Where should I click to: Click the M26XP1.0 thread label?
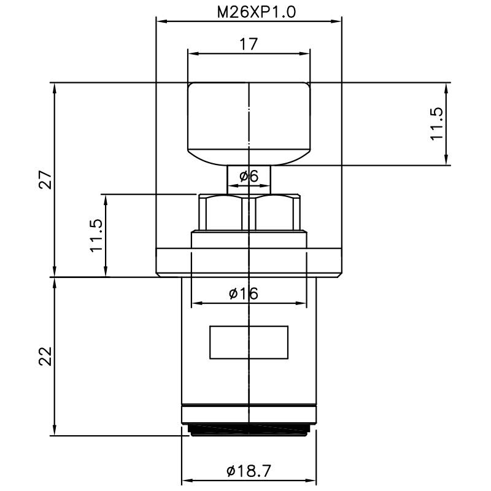point(249,11)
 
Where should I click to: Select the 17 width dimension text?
point(249,44)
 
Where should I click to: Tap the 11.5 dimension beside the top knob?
point(436,123)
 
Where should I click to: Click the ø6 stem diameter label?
point(249,176)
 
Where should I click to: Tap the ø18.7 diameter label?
point(249,471)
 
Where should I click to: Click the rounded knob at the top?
point(249,123)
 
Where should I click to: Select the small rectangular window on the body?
point(249,342)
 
